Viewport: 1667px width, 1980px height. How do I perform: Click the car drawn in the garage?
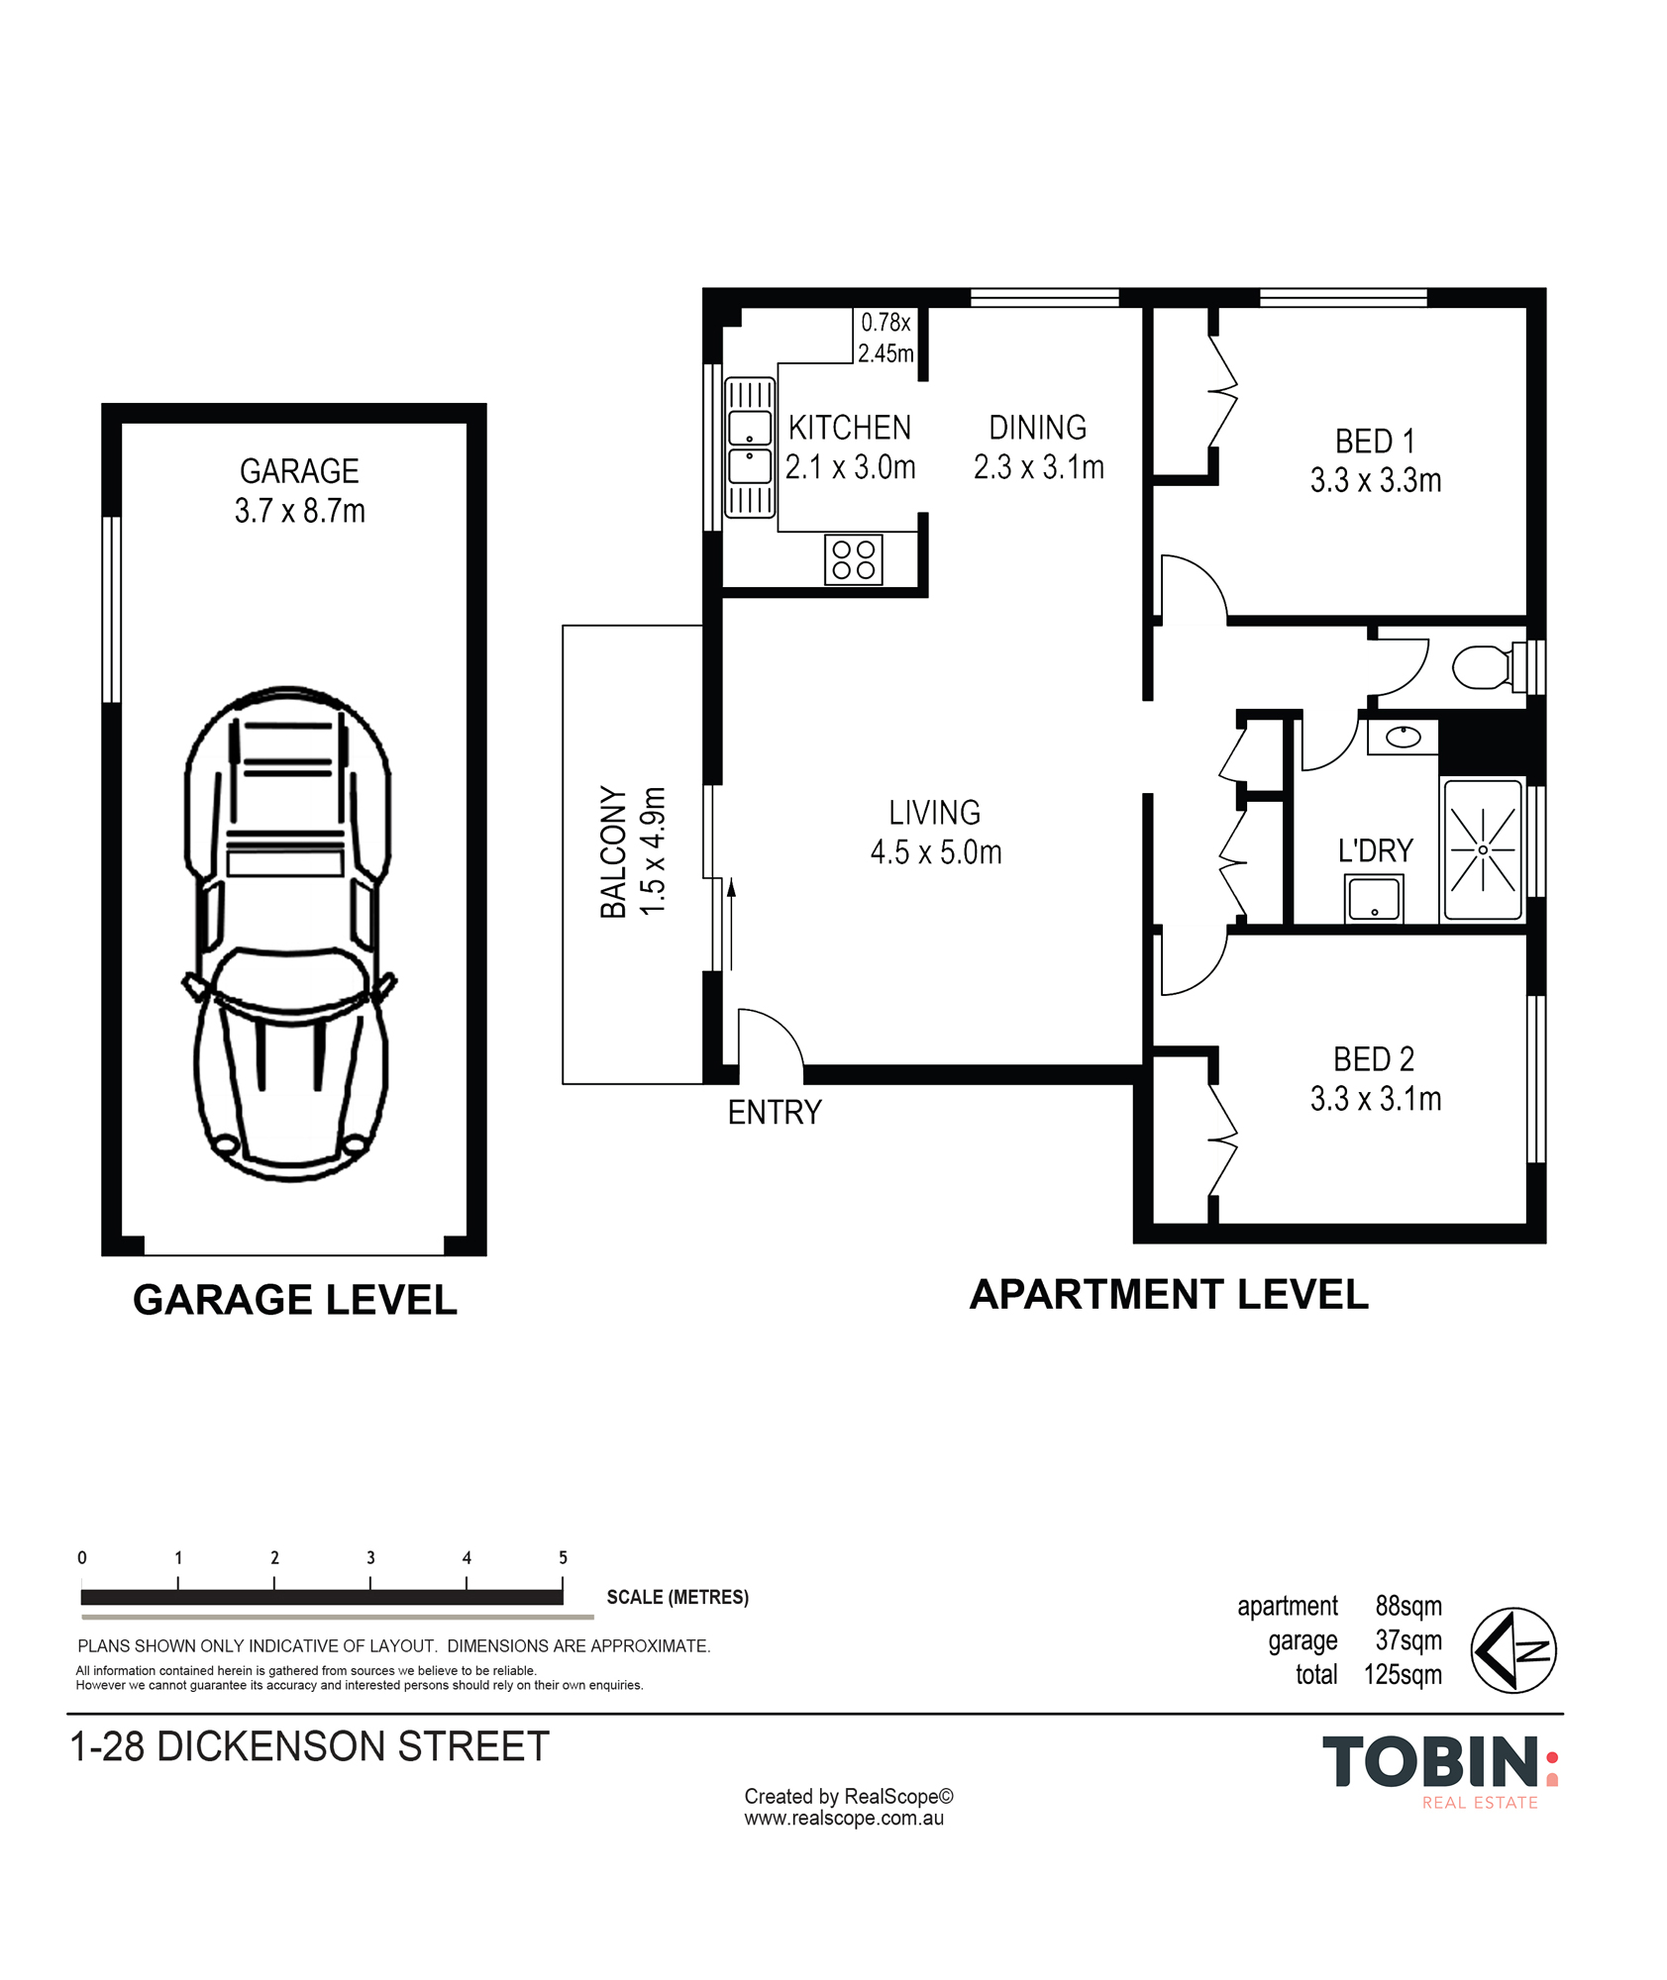click(x=289, y=934)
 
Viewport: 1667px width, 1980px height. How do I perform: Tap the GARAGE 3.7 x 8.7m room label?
click(x=299, y=491)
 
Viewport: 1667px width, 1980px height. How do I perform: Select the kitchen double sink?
click(x=750, y=447)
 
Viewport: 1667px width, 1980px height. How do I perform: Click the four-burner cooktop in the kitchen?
click(x=853, y=559)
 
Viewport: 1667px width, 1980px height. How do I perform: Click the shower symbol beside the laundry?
click(x=1483, y=849)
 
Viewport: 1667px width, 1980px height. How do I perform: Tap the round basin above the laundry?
click(x=1403, y=737)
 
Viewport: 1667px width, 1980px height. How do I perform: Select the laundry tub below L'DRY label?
click(x=1374, y=899)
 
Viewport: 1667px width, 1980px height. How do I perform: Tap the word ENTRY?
click(x=775, y=1113)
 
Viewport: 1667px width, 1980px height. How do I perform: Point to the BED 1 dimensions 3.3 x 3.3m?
click(x=1376, y=481)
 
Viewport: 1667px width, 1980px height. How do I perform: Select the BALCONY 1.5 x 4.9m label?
click(x=632, y=851)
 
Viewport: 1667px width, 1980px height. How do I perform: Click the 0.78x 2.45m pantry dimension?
click(x=886, y=338)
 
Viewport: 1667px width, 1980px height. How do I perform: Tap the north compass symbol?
click(x=1513, y=1650)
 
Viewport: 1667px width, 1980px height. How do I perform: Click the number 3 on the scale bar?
click(x=370, y=1557)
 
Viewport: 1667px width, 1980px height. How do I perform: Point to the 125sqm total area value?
click(x=1403, y=1674)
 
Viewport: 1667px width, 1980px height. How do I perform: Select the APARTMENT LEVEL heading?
click(x=1169, y=1294)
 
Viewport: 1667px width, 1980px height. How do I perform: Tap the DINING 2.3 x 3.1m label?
click(x=1038, y=447)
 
